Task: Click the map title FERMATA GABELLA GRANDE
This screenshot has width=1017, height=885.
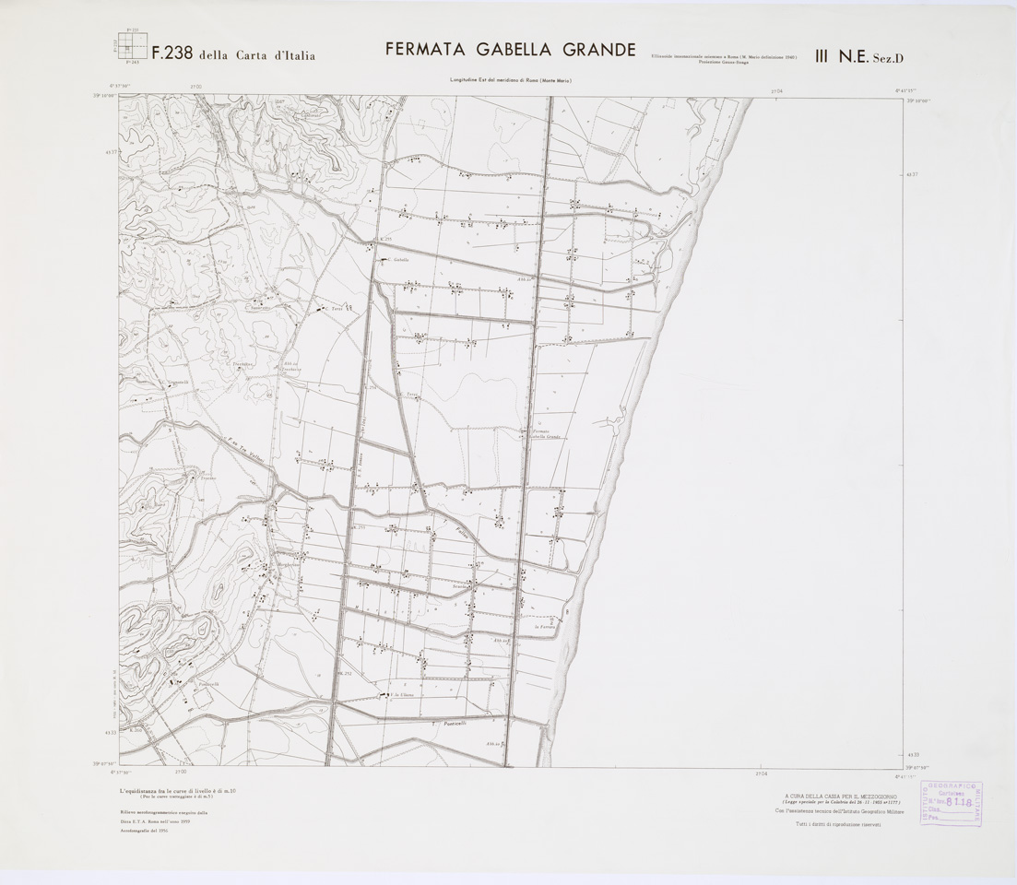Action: [510, 49]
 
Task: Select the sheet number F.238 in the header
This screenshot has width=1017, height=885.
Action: [171, 53]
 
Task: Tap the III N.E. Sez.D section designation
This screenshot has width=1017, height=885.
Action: [858, 56]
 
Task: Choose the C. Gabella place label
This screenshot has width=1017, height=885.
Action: [396, 260]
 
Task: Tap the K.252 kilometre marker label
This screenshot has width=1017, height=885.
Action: [345, 674]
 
